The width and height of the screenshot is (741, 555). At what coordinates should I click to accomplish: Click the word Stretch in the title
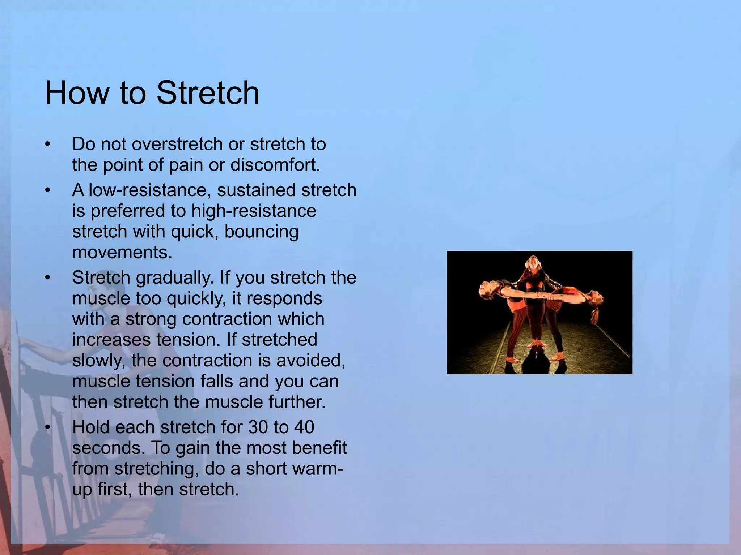point(208,93)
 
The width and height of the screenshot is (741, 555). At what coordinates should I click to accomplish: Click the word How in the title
point(77,93)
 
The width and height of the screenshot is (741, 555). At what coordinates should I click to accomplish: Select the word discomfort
point(275,165)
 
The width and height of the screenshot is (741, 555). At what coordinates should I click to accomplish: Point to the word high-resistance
point(254,211)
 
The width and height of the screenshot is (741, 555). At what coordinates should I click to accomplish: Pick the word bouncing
point(262,232)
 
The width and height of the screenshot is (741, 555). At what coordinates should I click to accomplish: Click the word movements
point(122,252)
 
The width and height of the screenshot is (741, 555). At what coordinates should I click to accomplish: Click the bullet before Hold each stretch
point(47,427)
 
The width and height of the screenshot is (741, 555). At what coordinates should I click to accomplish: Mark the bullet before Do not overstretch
point(47,145)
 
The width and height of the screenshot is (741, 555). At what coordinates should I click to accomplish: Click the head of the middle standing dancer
point(533,262)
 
